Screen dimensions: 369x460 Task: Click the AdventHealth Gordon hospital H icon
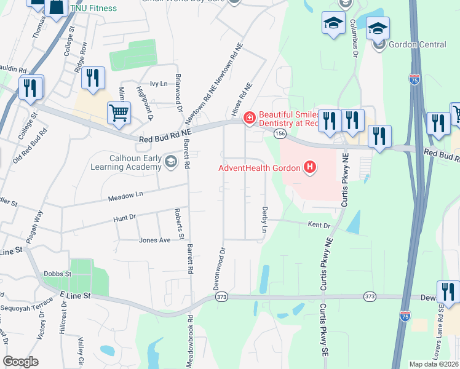tap(311, 167)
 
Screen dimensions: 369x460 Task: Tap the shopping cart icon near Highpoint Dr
tap(119, 112)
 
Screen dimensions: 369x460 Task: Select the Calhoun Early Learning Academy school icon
tap(170, 162)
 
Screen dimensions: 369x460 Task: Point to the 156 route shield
tap(280, 133)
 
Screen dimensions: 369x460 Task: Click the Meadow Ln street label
tap(125, 196)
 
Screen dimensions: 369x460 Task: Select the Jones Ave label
tap(154, 240)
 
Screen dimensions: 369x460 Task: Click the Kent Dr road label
tap(319, 226)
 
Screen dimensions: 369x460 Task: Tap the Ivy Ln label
tap(141, 84)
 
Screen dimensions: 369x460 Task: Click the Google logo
tap(20, 362)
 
